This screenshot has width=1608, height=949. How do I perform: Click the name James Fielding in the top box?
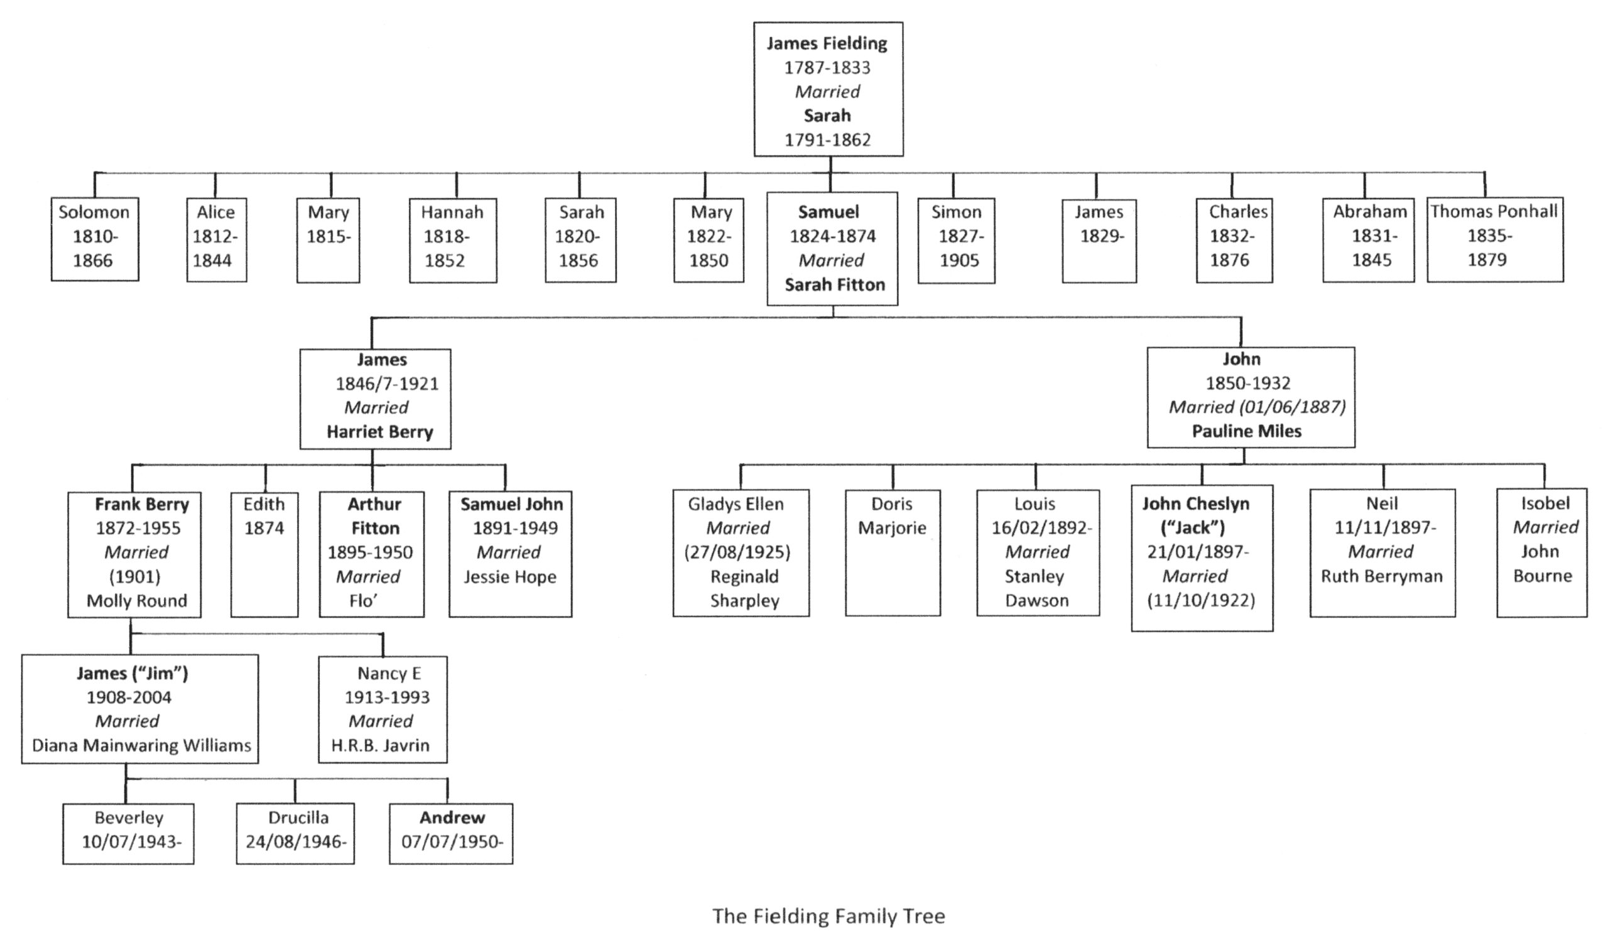tap(827, 43)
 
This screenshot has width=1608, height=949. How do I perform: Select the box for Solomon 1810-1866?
tap(95, 239)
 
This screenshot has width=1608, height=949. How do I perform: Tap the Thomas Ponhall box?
tap(1495, 239)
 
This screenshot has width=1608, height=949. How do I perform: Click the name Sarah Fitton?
tap(834, 285)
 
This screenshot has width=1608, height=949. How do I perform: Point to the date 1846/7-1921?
tap(388, 384)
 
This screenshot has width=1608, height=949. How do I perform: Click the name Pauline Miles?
tap(1246, 431)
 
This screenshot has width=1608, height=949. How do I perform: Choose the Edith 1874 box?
tap(264, 553)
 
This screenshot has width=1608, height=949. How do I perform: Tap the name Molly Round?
tap(137, 600)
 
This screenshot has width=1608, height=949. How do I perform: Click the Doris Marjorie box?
tap(892, 552)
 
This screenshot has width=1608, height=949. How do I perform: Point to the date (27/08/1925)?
tap(737, 552)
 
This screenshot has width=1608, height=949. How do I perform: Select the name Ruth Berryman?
tap(1382, 576)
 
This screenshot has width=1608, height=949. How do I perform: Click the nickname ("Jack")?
tap(1193, 528)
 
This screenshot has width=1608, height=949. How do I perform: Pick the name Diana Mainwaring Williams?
tap(141, 745)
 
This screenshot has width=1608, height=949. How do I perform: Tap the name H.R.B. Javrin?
tap(380, 745)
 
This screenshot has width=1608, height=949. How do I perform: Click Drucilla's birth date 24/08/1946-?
tap(296, 842)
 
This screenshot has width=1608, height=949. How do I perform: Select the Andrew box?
tap(450, 833)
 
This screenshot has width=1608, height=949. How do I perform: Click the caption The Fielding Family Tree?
tap(828, 916)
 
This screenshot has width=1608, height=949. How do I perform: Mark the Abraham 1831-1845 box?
tap(1367, 239)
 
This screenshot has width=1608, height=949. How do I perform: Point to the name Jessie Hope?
tap(509, 577)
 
